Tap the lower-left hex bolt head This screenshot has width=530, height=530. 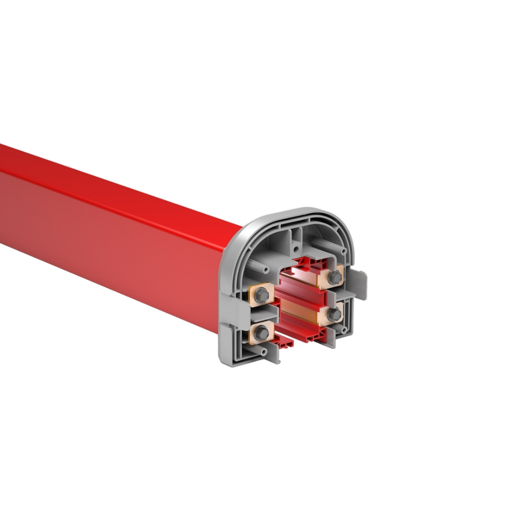[x=261, y=333]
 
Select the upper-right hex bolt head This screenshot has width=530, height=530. [x=334, y=277]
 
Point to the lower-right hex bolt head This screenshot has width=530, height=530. [x=334, y=314]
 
